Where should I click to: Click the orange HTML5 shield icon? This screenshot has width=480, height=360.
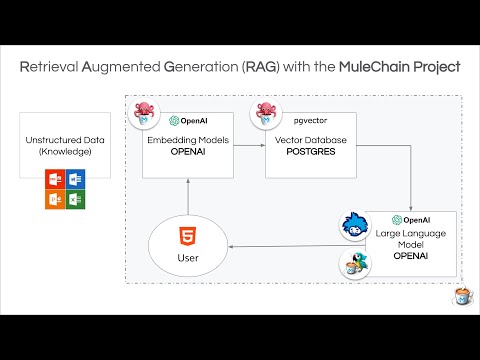pyautogui.click(x=185, y=237)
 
